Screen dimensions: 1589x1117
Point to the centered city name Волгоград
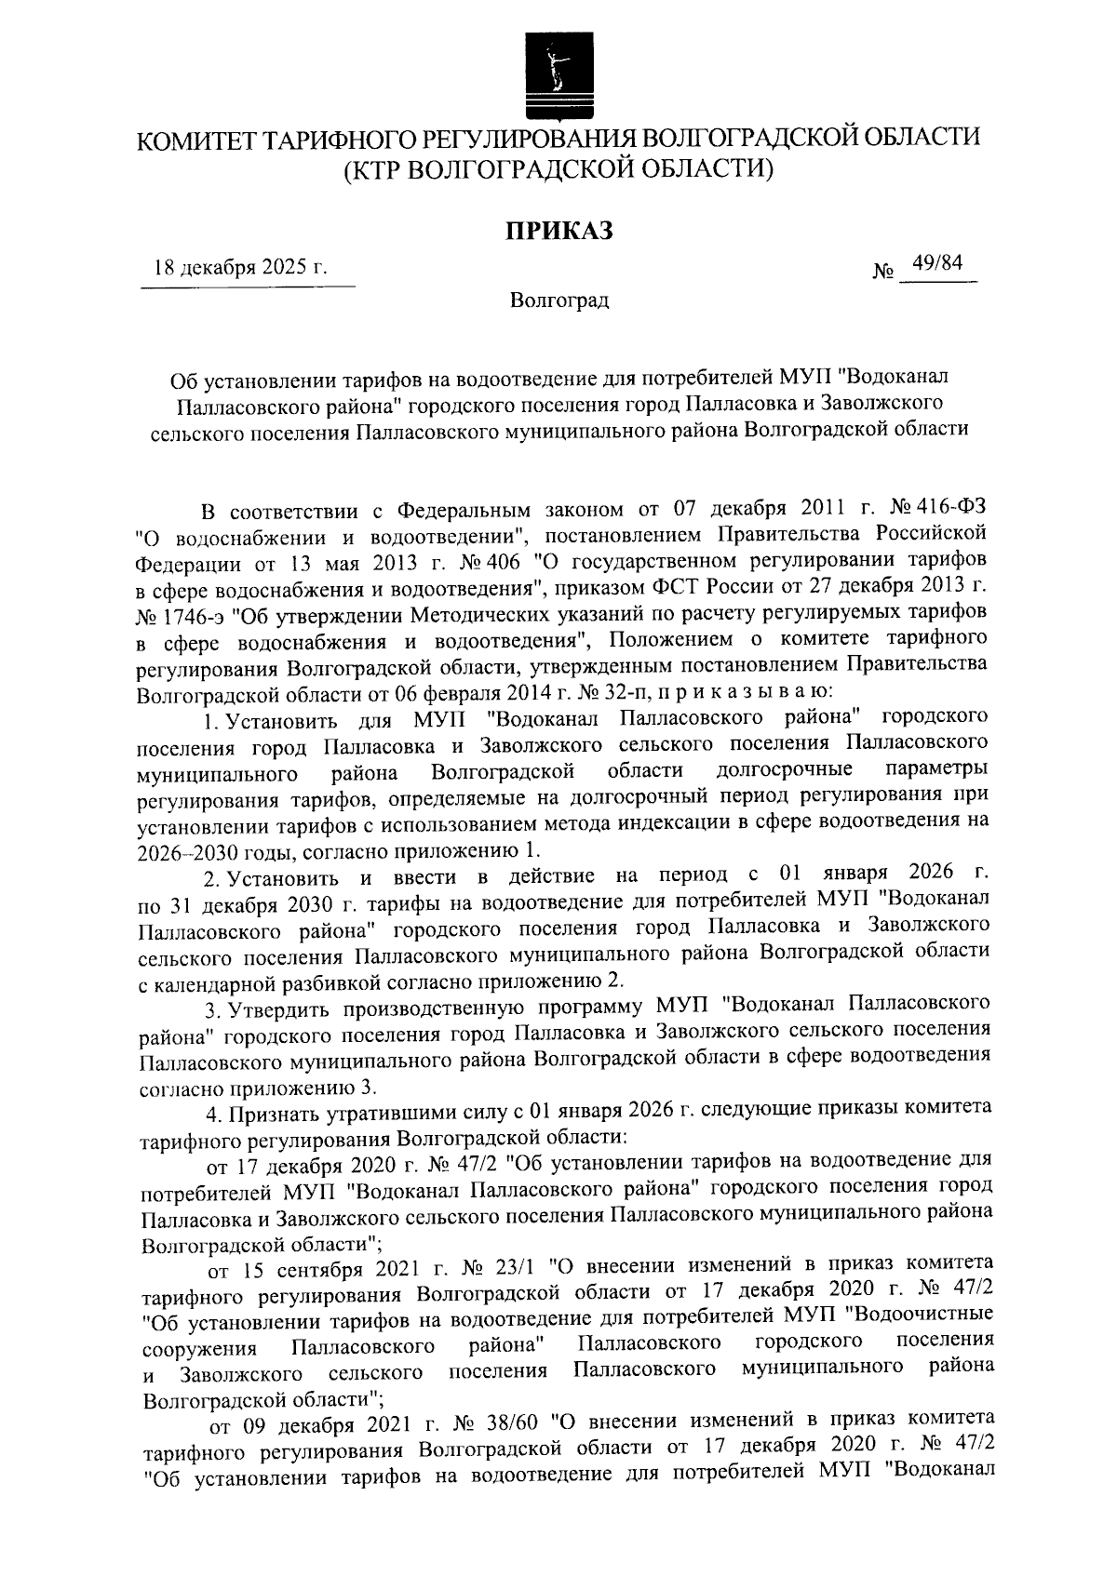[558, 300]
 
